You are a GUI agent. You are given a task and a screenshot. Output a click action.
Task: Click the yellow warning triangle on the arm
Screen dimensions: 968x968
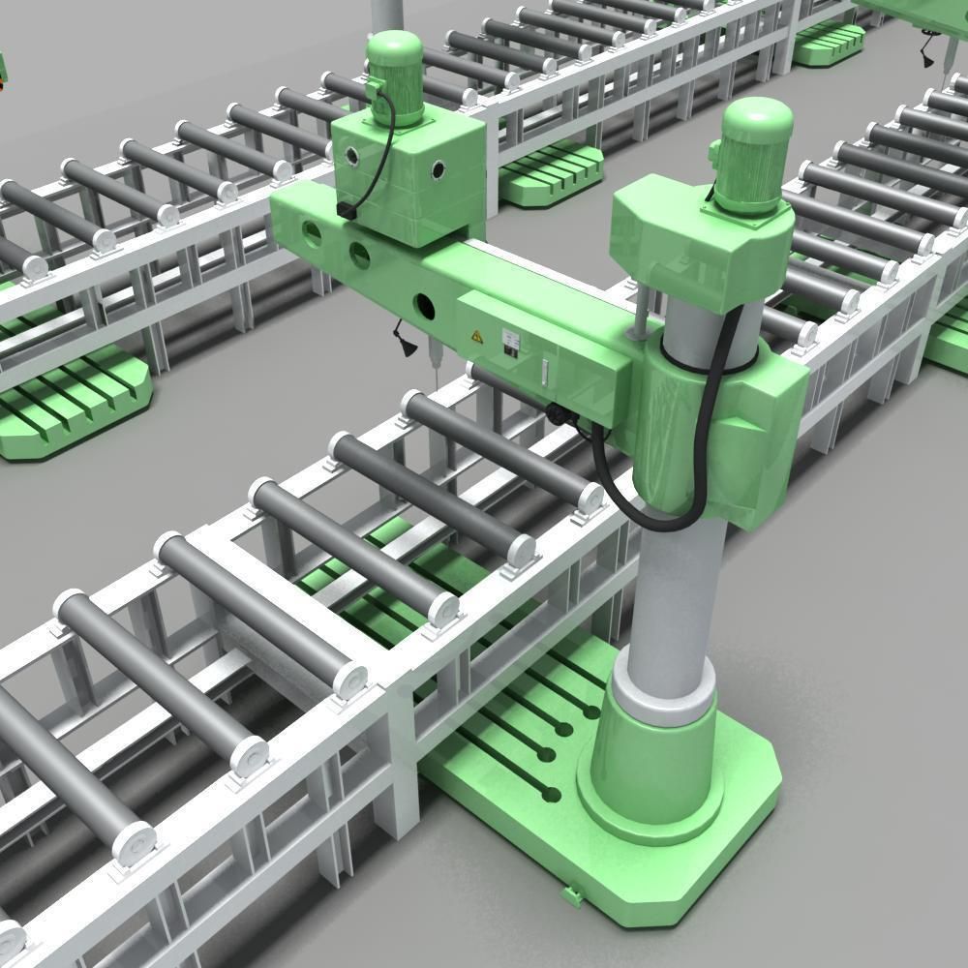coord(475,336)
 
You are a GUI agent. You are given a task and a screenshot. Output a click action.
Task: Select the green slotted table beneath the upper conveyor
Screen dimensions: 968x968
coord(552,174)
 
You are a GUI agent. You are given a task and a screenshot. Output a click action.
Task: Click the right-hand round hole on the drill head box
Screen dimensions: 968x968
coord(440,171)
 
